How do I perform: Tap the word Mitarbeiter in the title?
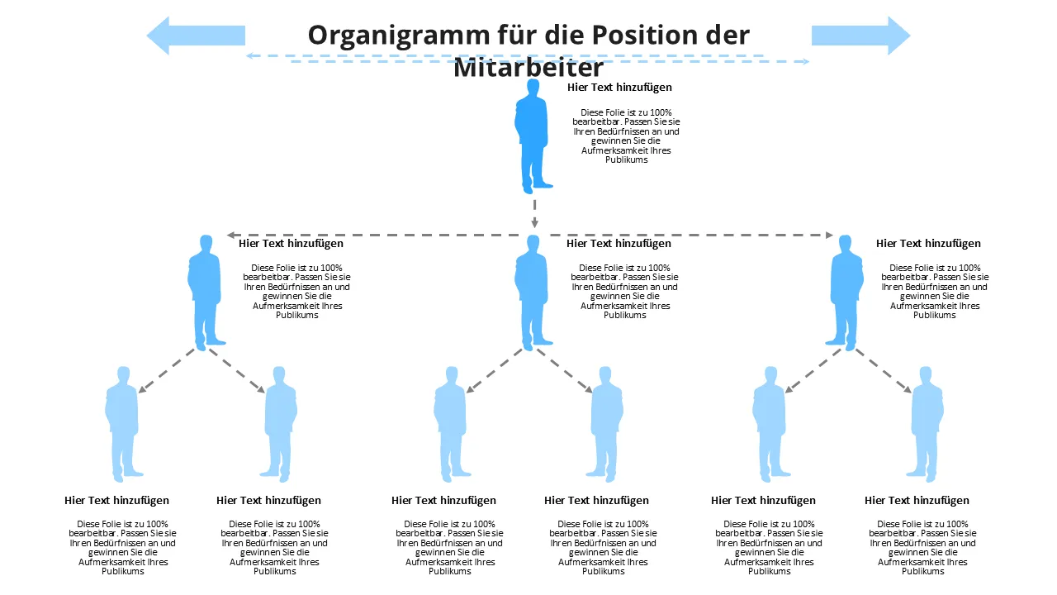[528, 68]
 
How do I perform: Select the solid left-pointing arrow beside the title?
[196, 36]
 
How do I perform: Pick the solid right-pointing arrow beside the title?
[860, 36]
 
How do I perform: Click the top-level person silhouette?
[533, 140]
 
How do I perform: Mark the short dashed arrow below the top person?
[534, 212]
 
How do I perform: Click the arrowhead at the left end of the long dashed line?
[232, 236]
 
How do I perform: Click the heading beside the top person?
[619, 87]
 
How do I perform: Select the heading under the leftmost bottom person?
[116, 500]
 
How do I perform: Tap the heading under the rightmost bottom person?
[917, 500]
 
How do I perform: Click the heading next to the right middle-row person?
[928, 243]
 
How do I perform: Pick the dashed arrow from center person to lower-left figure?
[495, 369]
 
